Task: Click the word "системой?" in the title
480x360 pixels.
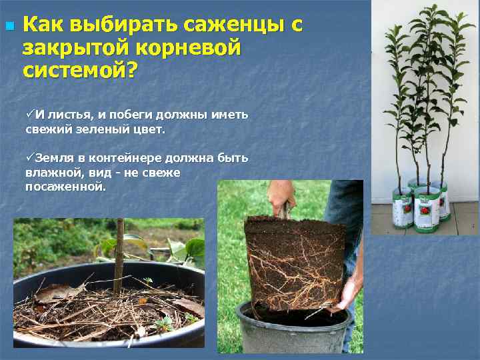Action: pyautogui.click(x=78, y=69)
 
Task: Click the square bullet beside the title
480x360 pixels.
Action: pyautogui.click(x=9, y=27)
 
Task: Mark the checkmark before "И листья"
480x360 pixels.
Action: pyautogui.click(x=30, y=114)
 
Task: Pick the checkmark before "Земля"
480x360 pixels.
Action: pyautogui.click(x=30, y=158)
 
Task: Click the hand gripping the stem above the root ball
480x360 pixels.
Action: pyautogui.click(x=282, y=195)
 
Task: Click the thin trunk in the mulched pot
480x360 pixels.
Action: pyautogui.click(x=119, y=253)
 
